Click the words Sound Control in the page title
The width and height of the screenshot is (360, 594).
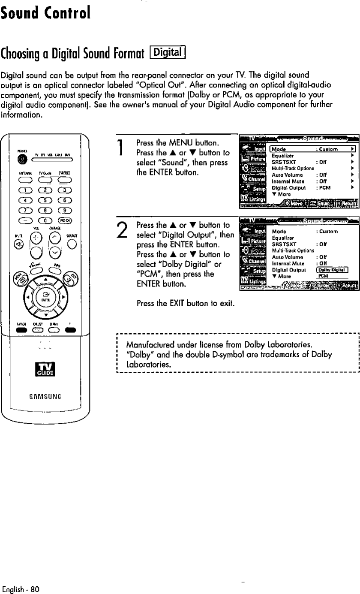tap(45, 14)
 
